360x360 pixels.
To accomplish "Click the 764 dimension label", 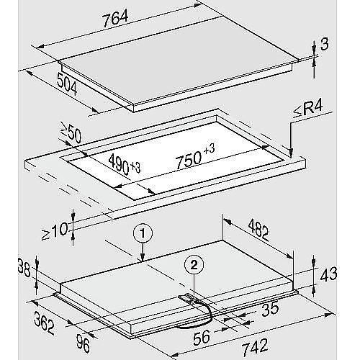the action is click(115, 18).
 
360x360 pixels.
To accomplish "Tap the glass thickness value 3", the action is click(325, 44).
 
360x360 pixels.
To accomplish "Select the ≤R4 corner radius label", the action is click(308, 111).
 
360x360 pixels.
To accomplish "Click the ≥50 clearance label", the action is click(71, 135).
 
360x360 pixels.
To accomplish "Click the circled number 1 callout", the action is click(143, 233).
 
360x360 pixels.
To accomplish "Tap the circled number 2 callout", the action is click(194, 265).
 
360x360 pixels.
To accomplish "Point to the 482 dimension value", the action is click(258, 230).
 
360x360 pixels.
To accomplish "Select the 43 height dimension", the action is click(328, 274).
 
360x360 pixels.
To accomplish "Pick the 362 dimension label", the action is click(45, 323).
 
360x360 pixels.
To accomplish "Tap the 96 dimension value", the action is click(84, 344).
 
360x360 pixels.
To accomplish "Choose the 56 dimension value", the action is click(202, 337).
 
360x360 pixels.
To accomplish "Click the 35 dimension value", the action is click(270, 309).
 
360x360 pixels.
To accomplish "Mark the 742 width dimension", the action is click(255, 346).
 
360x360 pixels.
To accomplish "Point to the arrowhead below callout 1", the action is click(143, 257).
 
